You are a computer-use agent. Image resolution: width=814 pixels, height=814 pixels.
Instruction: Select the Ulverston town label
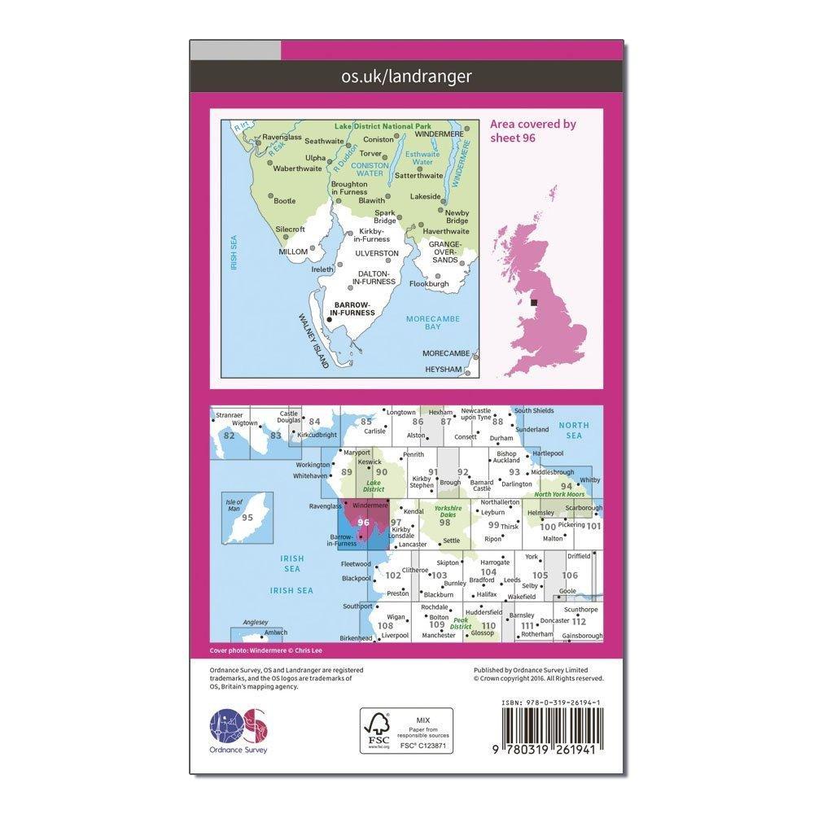tap(377, 254)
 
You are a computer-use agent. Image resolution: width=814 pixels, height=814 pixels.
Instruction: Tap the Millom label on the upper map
tap(293, 252)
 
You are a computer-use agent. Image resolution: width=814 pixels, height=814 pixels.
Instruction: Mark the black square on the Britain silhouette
tap(534, 303)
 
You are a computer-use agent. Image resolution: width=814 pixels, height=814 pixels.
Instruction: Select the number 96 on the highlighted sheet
tap(363, 523)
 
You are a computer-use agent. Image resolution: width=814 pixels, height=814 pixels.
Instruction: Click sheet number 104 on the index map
tap(488, 572)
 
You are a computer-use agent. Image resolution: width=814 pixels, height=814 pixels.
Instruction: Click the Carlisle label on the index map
tap(374, 431)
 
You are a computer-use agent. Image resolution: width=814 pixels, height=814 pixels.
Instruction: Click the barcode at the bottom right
tap(555, 727)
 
